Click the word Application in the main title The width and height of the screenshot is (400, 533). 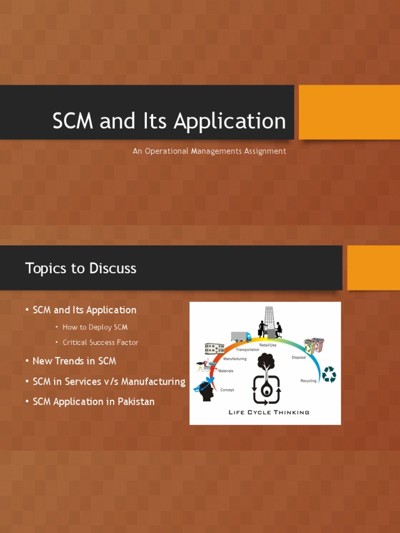tap(230, 122)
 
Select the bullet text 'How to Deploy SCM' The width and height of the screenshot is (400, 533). tap(95, 327)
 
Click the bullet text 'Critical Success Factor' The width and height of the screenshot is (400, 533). tap(101, 342)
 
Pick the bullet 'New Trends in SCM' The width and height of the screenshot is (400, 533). tap(74, 361)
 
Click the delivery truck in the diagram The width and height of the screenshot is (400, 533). tap(241, 337)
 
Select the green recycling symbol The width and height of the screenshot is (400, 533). tap(329, 374)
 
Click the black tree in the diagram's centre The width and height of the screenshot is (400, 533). tap(266, 362)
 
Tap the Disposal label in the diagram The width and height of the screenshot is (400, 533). tap(298, 358)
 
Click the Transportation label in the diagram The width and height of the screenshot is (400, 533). tap(248, 350)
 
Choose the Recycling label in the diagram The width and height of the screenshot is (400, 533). tap(308, 381)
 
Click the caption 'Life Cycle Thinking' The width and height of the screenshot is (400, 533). tap(269, 412)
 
